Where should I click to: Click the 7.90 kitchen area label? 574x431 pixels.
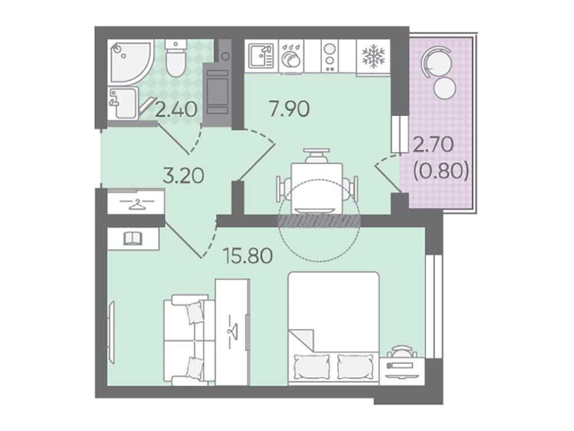tap(289, 109)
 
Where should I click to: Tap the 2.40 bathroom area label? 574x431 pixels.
tap(176, 109)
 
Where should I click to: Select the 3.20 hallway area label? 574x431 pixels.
tap(183, 176)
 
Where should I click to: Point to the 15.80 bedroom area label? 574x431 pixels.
tap(249, 255)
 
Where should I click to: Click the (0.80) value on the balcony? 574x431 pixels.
tap(441, 171)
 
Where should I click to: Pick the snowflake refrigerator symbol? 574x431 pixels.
tap(373, 56)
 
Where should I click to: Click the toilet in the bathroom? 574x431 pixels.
tap(176, 58)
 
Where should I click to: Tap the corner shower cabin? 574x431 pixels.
tap(131, 62)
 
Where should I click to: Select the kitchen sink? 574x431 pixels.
tap(261, 56)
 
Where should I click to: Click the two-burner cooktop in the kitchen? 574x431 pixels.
tap(330, 56)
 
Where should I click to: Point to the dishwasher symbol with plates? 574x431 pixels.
tap(291, 56)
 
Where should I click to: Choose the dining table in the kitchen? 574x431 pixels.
tap(316, 188)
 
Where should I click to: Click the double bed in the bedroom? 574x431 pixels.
tap(333, 328)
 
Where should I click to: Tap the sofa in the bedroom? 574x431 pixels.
tap(189, 340)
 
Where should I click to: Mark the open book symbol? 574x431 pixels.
tap(133, 239)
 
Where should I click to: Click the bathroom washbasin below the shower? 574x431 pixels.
tap(123, 103)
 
